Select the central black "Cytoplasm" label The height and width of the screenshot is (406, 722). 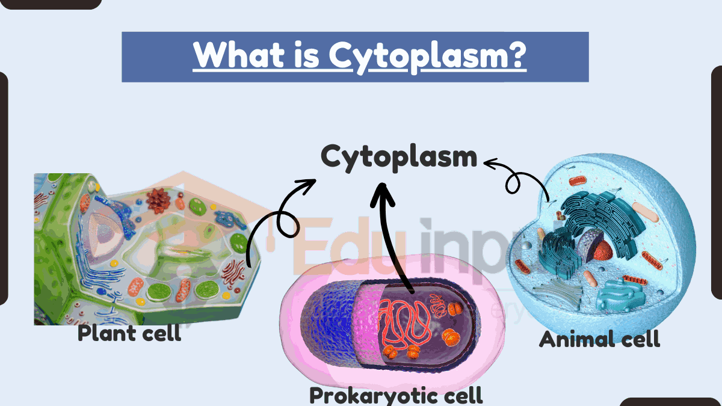click(x=399, y=158)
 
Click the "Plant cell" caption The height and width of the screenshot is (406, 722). click(x=129, y=333)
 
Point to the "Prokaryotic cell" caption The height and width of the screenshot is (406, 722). click(x=396, y=395)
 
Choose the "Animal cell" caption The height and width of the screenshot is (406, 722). click(x=599, y=339)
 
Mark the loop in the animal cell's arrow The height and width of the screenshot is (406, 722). click(x=515, y=182)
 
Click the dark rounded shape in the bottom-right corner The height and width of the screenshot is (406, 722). click(x=670, y=402)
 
